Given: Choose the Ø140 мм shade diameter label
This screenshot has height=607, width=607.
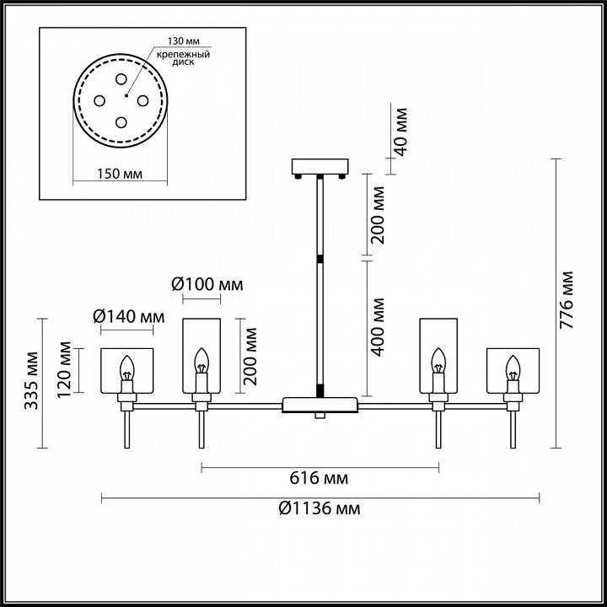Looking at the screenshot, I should [x=128, y=316].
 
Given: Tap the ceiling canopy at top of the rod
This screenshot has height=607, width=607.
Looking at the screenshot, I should [x=320, y=166].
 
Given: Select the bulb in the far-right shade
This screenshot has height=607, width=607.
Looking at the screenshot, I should [x=512, y=368].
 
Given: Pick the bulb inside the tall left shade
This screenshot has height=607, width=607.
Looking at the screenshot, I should [x=201, y=363].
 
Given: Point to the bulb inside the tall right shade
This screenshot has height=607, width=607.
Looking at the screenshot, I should [x=438, y=363].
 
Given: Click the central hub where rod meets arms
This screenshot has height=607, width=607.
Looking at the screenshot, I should [x=320, y=403].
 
